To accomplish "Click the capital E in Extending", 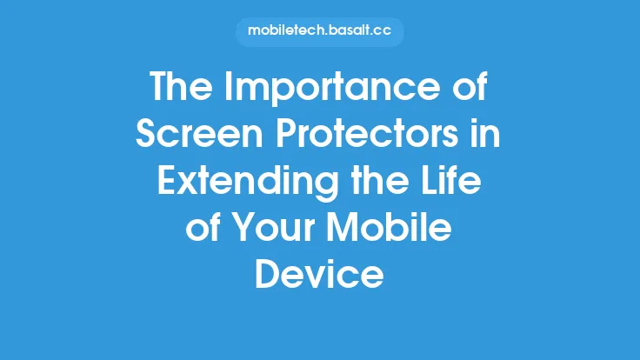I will (167, 184).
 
